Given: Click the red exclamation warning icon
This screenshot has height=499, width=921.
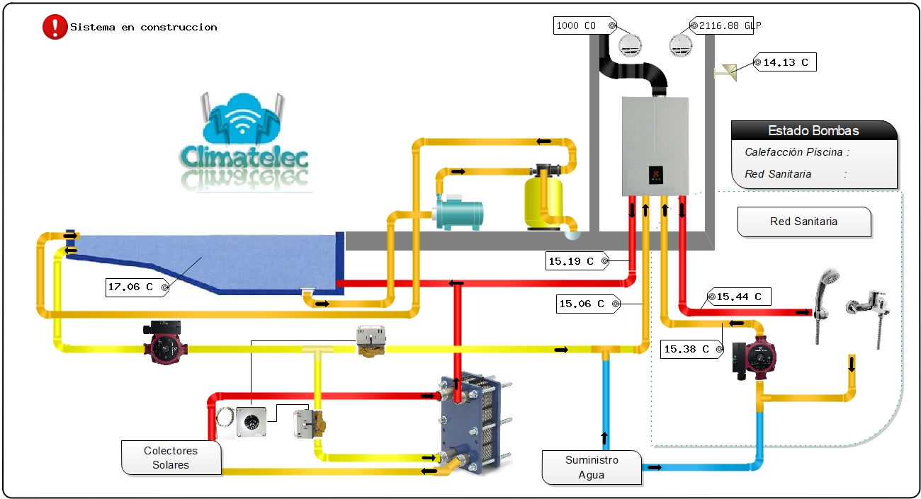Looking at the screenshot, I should (x=55, y=27).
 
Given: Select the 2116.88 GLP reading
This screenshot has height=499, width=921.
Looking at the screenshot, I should (x=725, y=25).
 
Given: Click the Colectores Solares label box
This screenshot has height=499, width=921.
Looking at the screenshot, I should (x=171, y=457).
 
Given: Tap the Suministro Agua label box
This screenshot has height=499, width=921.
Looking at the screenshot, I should (x=592, y=467).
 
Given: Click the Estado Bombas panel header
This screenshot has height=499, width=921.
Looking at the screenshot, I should (x=813, y=130).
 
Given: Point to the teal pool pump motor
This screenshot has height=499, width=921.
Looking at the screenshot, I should (x=460, y=214).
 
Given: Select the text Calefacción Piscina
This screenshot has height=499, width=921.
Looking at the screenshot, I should (x=793, y=152).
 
